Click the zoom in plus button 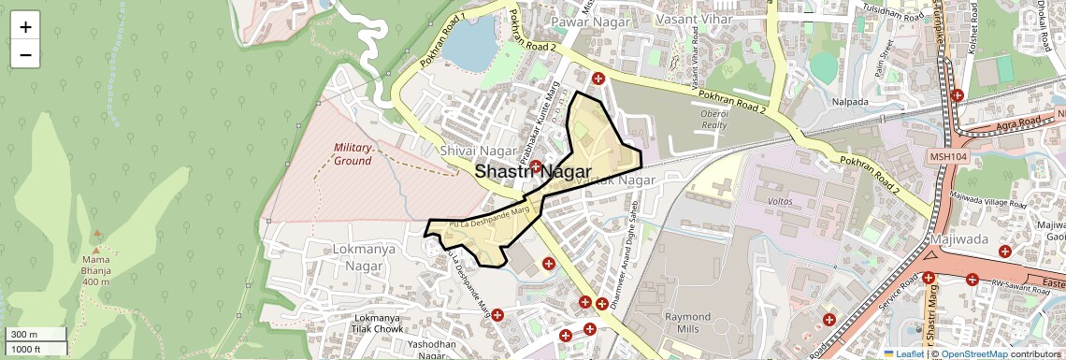click(x=25, y=27)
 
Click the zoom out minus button click(x=25, y=54)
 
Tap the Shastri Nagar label click(x=532, y=172)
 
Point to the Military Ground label click(x=353, y=154)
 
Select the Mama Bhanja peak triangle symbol click(x=96, y=232)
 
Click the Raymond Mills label click(x=687, y=324)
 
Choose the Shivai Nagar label click(x=479, y=151)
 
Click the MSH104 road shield click(x=948, y=156)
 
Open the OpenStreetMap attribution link click(x=974, y=353)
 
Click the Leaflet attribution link click(x=903, y=353)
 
